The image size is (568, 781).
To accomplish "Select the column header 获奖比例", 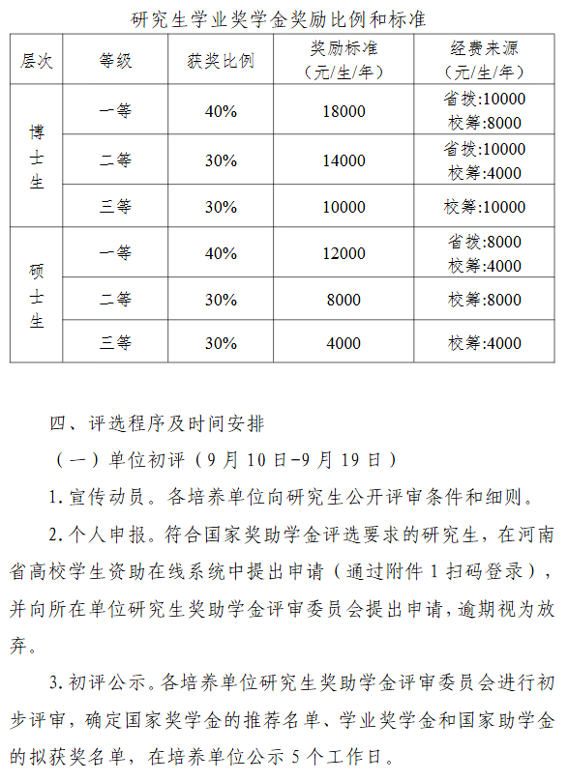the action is pyautogui.click(x=221, y=60).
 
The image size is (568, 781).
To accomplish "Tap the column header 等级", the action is pyautogui.click(x=115, y=60).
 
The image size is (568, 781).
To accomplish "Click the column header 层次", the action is pyautogui.click(x=38, y=60).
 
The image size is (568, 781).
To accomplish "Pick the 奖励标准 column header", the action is pyautogui.click(x=344, y=60).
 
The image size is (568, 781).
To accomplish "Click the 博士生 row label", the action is pyautogui.click(x=38, y=156).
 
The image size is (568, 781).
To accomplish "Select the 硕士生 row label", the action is pyautogui.click(x=38, y=296).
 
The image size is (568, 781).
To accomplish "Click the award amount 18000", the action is pyautogui.click(x=344, y=111).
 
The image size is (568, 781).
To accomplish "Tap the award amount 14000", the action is pyautogui.click(x=344, y=160).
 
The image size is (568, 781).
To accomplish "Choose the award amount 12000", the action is pyautogui.click(x=344, y=253).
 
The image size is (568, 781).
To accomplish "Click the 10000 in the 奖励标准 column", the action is pyautogui.click(x=344, y=207).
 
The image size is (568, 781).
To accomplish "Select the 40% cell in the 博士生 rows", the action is pyautogui.click(x=221, y=111).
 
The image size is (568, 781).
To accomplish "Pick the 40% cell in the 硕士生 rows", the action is pyautogui.click(x=221, y=253).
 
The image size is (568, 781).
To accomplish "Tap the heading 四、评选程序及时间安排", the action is pyautogui.click(x=156, y=423).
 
